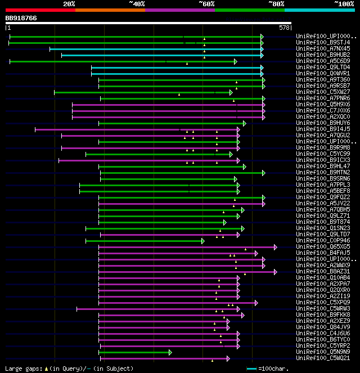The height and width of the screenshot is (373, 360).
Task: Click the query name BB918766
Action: pyautogui.click(x=21, y=19)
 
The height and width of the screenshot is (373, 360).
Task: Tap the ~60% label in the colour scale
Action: pyautogui.click(x=206, y=4)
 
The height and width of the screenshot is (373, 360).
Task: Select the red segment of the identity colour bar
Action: pyautogui.click(x=40, y=10)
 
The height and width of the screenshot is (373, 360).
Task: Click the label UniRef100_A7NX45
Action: pyautogui.click(x=315, y=49)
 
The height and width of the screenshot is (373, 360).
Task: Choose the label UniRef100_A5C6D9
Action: pyautogui.click(x=315, y=61)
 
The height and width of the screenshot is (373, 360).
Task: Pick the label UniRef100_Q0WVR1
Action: pyautogui.click(x=315, y=74)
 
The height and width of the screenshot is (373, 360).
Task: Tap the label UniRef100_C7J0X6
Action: pyautogui.click(x=315, y=111)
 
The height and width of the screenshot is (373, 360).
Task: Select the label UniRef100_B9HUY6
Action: pyautogui.click(x=315, y=123)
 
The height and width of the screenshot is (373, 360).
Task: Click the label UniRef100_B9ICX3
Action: pyautogui.click(x=315, y=160)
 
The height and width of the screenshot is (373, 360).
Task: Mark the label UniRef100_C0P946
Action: pyautogui.click(x=315, y=241)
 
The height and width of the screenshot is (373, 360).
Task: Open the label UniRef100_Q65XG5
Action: pyautogui.click(x=315, y=247)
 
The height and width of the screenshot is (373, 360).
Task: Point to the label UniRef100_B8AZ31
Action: pyautogui.click(x=315, y=272)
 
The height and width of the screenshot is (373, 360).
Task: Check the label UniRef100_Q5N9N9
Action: pyautogui.click(x=315, y=352)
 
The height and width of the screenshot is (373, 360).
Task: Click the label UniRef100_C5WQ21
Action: pyautogui.click(x=315, y=358)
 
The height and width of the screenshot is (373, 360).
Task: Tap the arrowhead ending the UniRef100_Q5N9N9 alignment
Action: pyautogui.click(x=170, y=352)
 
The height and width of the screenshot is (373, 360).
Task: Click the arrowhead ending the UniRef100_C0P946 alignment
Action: pyautogui.click(x=202, y=241)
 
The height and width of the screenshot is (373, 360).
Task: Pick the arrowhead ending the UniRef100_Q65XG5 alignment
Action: pyautogui.click(x=275, y=247)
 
